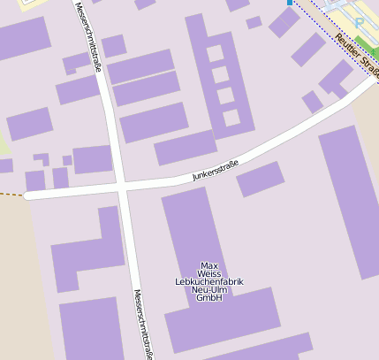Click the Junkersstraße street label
tap(215, 170)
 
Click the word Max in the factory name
tap(209, 265)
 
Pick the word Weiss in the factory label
tap(209, 273)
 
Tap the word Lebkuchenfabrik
tap(209, 281)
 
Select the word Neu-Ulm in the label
tap(209, 289)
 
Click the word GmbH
tap(209, 298)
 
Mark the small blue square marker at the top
tap(289, 3)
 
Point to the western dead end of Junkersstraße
tap(29, 195)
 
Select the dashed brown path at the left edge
tap(11, 194)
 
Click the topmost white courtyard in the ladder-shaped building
tap(216, 53)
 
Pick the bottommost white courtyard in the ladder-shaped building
tap(231, 118)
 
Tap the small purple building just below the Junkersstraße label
tap(260, 179)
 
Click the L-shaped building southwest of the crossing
tap(88, 252)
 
